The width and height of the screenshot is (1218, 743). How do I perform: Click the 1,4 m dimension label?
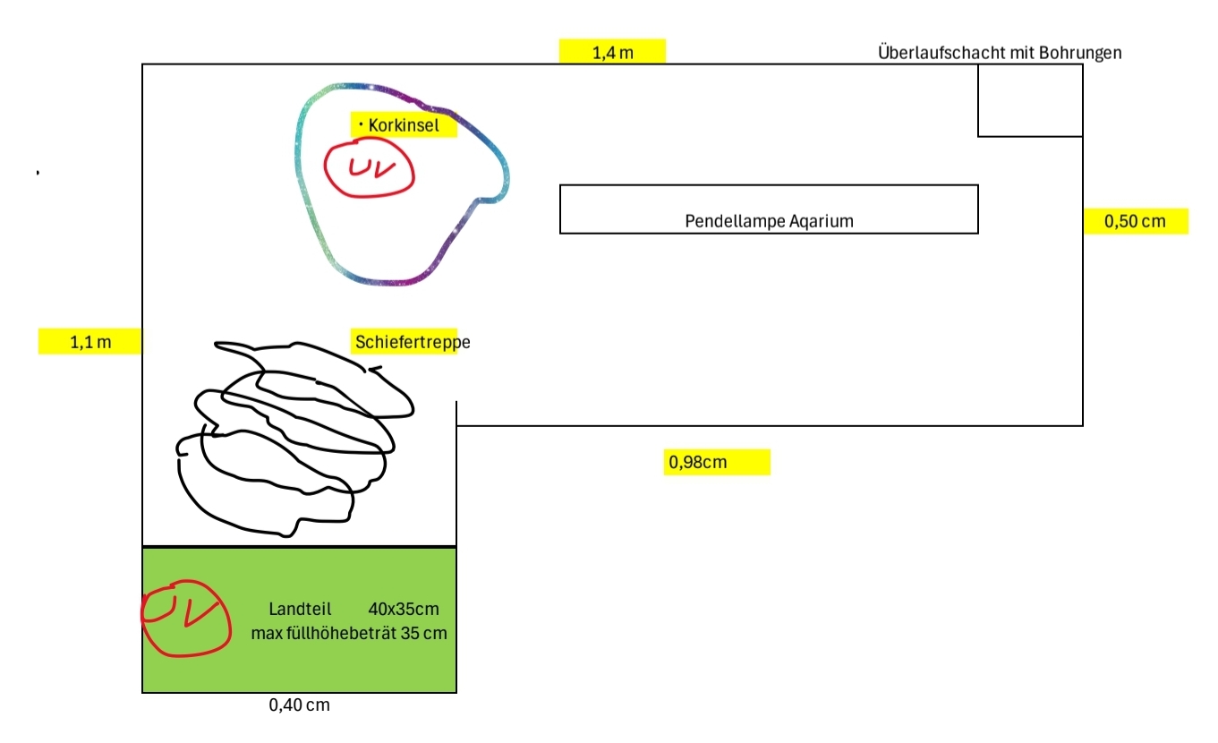point(613,53)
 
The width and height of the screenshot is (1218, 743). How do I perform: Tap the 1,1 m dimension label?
point(89,341)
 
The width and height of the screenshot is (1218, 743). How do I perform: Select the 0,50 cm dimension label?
point(1135,221)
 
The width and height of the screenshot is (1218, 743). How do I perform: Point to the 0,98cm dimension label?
point(697,463)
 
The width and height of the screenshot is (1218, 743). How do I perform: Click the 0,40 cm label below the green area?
point(299,705)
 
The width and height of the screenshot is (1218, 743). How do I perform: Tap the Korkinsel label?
point(404,125)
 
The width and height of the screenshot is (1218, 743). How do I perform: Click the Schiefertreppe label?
point(412,341)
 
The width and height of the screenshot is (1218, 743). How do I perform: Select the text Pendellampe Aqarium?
point(769,220)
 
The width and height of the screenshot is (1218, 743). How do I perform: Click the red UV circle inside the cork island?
point(369,168)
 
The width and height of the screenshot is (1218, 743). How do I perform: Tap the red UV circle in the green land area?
point(186,618)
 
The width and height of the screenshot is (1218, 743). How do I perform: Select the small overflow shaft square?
point(1029,100)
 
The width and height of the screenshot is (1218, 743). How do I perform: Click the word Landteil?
point(300,610)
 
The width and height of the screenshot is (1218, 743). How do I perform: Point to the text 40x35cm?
point(404,610)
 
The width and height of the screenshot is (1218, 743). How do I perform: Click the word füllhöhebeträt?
point(345,634)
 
